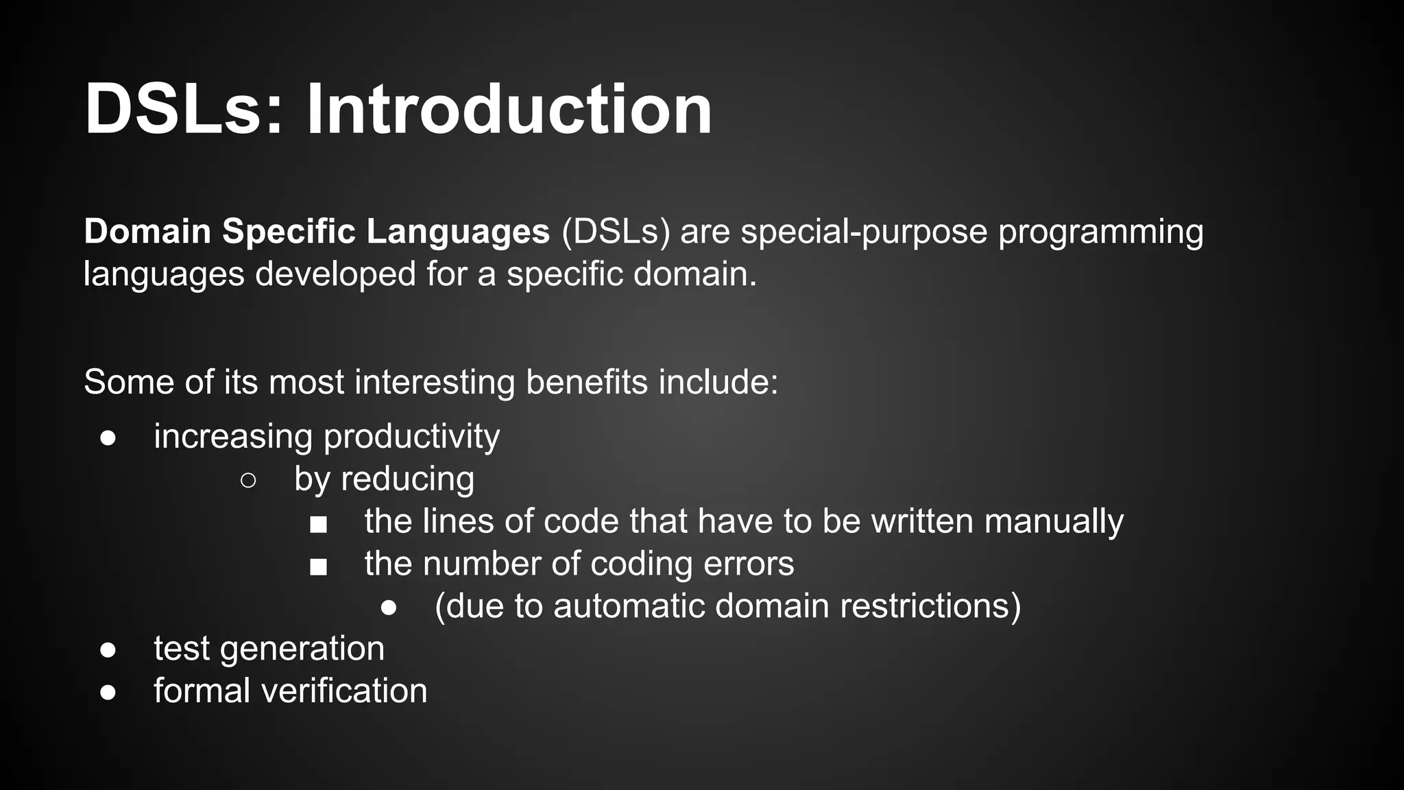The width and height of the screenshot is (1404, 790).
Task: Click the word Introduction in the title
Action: coord(509,110)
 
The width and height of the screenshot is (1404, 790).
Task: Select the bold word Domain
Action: coord(147,231)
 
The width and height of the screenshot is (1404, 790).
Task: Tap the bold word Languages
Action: coord(458,231)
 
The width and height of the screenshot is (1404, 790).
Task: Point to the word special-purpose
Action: coord(864,231)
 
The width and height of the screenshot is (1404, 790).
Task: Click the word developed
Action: coord(336,274)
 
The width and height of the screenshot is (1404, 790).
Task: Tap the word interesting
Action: coord(435,382)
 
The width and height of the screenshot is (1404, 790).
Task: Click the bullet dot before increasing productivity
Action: coord(108,438)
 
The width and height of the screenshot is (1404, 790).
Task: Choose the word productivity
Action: coord(411,438)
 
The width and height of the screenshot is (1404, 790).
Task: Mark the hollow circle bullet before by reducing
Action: coord(248,481)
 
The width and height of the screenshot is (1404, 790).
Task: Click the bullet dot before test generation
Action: coord(108,650)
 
